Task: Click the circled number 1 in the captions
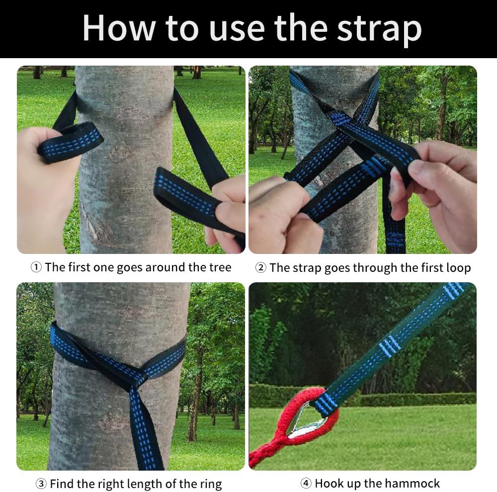[36, 267]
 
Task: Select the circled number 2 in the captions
[260, 268]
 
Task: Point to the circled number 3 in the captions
[41, 484]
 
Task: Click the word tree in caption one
[218, 267]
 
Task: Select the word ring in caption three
[209, 484]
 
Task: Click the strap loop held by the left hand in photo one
[70, 142]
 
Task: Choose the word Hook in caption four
[329, 484]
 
